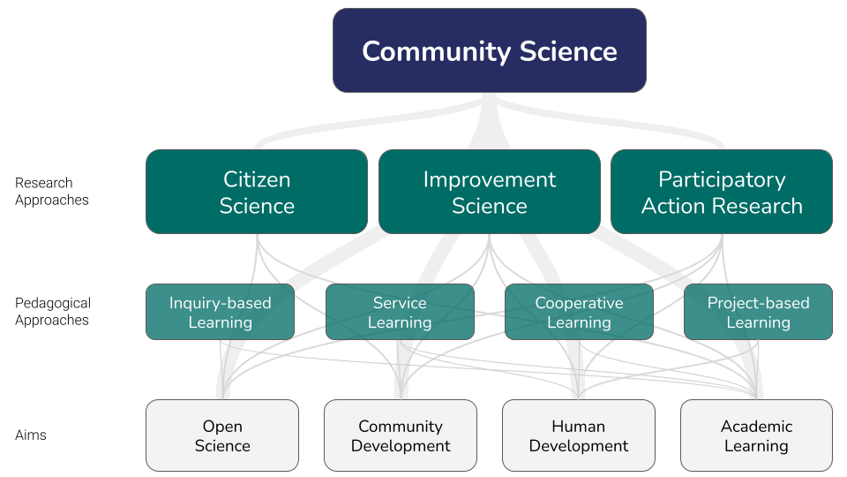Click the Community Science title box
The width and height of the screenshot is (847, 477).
[x=490, y=50]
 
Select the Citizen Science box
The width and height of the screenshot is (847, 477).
[x=257, y=192]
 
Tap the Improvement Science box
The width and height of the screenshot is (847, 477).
[x=490, y=192]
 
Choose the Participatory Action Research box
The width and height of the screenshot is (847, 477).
[x=722, y=192]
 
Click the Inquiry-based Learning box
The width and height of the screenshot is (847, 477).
[x=221, y=312]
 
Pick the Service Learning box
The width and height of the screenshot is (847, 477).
[x=400, y=312]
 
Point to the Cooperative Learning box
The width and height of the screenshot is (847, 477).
[x=579, y=312]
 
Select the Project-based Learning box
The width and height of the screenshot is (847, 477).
[x=759, y=312]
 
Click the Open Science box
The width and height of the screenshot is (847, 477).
[x=222, y=435]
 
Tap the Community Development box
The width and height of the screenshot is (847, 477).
[x=401, y=435]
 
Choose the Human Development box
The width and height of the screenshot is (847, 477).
[x=579, y=435]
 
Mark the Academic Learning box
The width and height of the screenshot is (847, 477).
[x=756, y=435]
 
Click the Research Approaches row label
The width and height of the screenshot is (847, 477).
[x=52, y=192]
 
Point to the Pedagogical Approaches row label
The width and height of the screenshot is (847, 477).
[x=53, y=312]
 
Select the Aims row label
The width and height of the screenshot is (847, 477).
[x=31, y=435]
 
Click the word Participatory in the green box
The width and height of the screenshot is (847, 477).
[x=722, y=180]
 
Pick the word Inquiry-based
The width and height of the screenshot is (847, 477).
[x=221, y=303]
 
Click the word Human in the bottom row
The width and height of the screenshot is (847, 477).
[x=579, y=426]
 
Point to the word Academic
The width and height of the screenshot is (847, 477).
[x=756, y=426]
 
